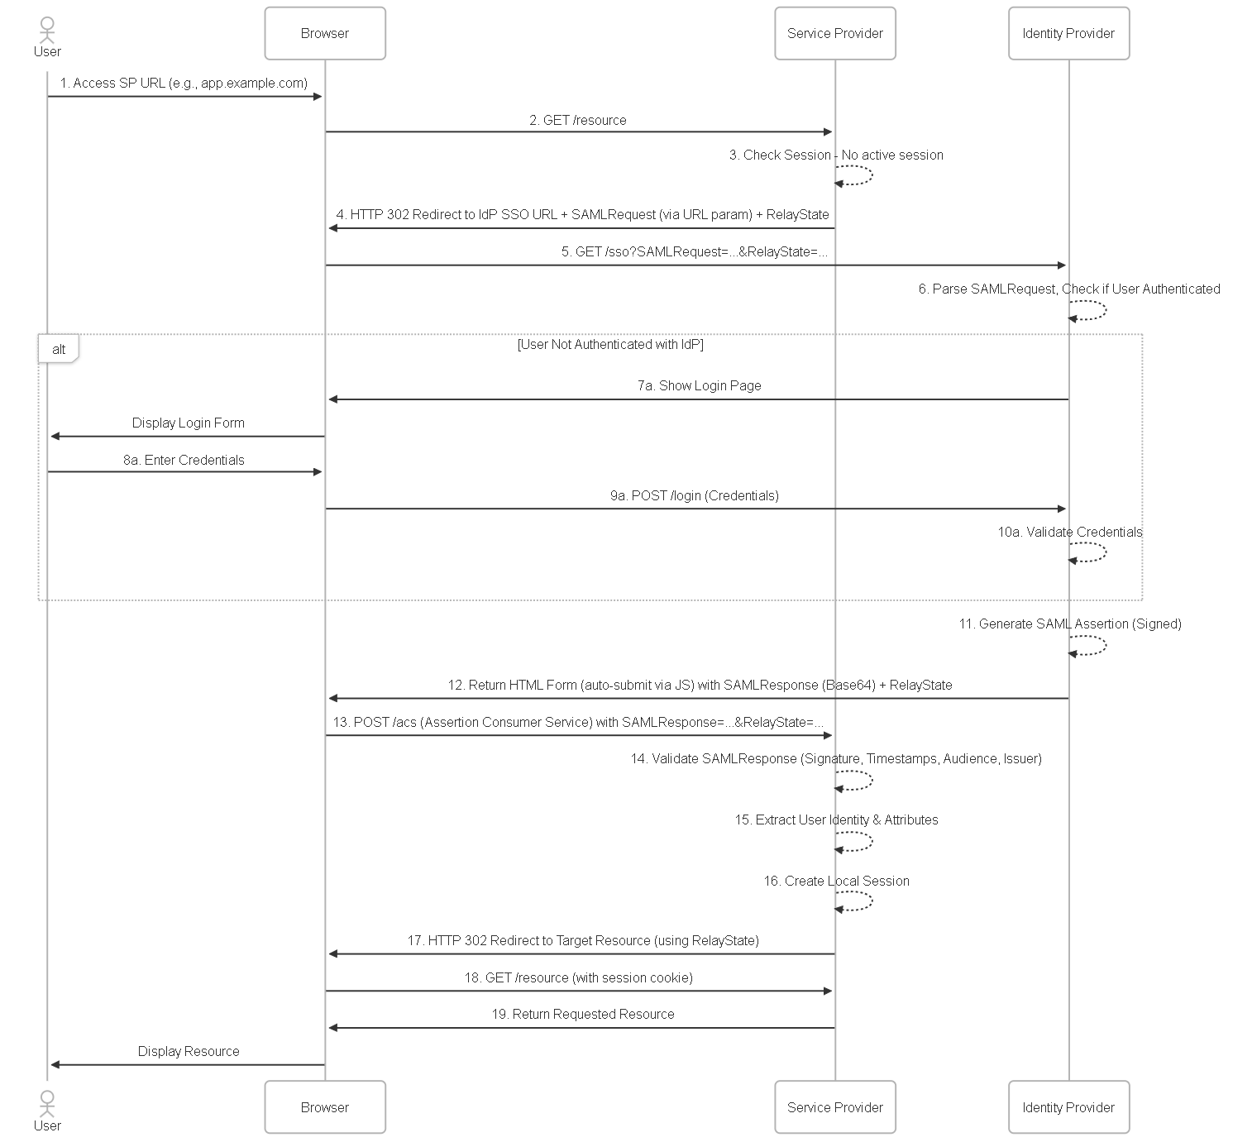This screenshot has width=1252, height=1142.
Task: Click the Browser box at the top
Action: click(324, 33)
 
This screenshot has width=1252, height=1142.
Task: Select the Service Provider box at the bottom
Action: click(835, 1107)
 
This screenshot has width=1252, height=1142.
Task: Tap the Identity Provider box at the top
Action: click(1068, 33)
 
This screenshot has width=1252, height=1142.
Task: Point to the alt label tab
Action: click(58, 349)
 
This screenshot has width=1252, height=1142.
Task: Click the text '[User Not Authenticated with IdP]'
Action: click(610, 344)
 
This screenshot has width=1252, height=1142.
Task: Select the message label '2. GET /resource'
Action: click(578, 120)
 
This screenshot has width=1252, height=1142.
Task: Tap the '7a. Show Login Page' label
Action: click(699, 385)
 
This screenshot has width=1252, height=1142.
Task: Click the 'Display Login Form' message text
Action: click(188, 423)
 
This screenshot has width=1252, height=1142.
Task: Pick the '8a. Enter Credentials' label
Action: click(184, 460)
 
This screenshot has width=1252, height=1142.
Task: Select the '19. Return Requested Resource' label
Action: click(583, 1014)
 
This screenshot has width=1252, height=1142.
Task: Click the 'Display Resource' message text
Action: click(189, 1051)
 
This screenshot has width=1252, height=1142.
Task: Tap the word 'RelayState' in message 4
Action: click(798, 214)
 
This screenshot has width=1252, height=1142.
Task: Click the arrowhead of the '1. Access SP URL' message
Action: click(318, 96)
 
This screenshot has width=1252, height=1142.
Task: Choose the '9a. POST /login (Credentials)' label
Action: click(695, 495)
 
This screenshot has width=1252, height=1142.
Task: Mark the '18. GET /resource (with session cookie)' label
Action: click(579, 977)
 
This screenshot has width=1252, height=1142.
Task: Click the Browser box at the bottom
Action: click(324, 1107)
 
